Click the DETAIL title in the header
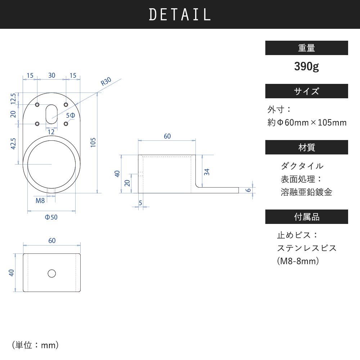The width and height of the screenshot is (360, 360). [180, 14]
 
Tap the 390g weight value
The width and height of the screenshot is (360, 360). [306, 66]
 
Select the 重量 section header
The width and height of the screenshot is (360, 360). [306, 48]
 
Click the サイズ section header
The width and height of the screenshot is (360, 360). [306, 91]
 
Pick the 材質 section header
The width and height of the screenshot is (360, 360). [306, 147]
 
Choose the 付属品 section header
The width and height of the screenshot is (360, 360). [306, 217]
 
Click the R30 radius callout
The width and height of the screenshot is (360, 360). [106, 81]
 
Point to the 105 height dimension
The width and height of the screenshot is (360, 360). [93, 142]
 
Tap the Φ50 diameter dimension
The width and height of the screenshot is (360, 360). [51, 217]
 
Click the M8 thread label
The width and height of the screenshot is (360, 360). [40, 201]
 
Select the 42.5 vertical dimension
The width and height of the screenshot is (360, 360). [13, 144]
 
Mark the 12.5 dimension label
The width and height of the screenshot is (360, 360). [13, 99]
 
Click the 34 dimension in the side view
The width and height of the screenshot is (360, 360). [207, 172]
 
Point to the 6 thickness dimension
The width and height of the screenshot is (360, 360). [248, 190]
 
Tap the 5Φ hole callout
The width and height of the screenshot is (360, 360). [71, 115]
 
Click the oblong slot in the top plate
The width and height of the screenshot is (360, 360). [51, 114]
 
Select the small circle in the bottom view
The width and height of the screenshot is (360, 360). [51, 274]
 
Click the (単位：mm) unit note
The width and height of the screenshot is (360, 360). [35, 345]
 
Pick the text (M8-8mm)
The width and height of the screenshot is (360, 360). [298, 261]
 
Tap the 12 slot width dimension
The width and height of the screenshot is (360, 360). [51, 132]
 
